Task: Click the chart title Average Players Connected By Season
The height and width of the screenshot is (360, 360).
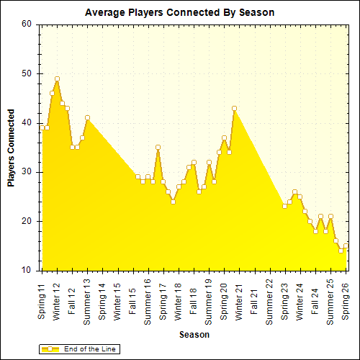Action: click(179, 13)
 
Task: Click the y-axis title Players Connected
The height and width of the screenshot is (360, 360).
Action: click(11, 148)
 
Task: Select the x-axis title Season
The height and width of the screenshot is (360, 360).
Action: click(194, 335)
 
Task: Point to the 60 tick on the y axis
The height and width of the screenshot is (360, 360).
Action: click(27, 24)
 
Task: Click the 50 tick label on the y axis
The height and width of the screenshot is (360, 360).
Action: click(27, 73)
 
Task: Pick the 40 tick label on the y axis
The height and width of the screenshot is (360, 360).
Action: click(27, 122)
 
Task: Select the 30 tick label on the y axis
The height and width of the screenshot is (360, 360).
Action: click(27, 172)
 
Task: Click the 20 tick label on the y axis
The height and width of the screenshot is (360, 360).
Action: click(27, 221)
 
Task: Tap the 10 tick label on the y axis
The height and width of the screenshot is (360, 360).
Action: click(27, 270)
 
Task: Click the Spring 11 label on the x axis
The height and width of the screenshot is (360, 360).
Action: click(42, 302)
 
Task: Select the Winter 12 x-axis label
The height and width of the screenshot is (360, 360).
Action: click(57, 302)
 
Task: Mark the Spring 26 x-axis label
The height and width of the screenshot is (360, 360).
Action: click(346, 302)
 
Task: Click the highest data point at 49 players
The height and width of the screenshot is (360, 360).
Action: click(57, 78)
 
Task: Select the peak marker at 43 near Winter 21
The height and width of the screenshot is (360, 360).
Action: click(234, 108)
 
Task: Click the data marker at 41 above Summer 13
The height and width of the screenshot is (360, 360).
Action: click(87, 117)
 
